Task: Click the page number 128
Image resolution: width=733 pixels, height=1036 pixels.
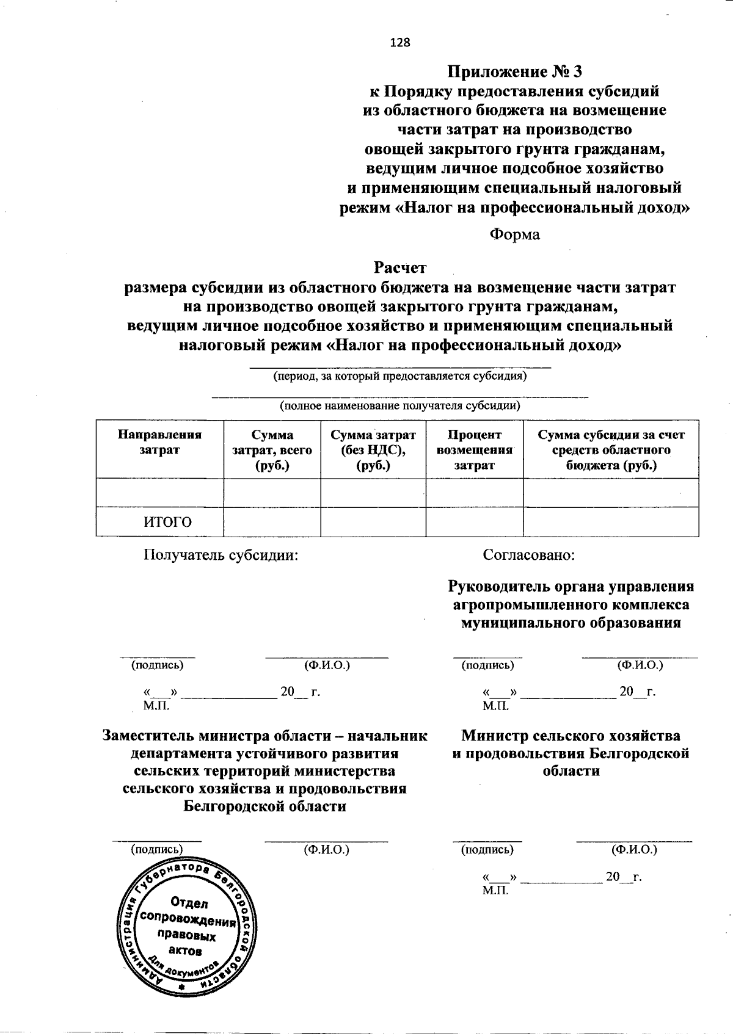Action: [x=400, y=42]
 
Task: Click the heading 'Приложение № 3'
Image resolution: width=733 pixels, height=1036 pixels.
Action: [x=515, y=72]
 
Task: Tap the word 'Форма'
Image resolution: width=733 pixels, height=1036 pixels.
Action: [x=514, y=234]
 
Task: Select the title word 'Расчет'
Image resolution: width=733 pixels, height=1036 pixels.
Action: [x=400, y=267]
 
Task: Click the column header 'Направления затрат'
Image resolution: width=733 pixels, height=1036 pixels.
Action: [x=159, y=442]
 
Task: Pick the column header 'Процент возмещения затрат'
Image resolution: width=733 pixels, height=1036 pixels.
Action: [x=474, y=450]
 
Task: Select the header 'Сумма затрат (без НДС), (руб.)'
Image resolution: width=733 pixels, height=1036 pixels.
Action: [x=373, y=450]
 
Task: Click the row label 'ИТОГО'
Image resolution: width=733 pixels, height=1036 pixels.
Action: [x=167, y=522]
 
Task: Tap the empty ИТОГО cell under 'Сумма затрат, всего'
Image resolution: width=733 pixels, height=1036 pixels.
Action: [x=272, y=522]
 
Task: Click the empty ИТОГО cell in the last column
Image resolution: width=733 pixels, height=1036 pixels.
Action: [x=611, y=522]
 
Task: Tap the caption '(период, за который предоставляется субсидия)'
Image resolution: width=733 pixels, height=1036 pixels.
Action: [x=399, y=376]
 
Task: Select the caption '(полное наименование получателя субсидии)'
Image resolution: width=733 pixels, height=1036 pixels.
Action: [x=399, y=405]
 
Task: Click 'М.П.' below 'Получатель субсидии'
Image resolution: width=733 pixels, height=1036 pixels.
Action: [x=156, y=706]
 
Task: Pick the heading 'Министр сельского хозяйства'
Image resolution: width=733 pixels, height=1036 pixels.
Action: [x=571, y=736]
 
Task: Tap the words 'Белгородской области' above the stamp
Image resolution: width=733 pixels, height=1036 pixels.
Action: [x=264, y=806]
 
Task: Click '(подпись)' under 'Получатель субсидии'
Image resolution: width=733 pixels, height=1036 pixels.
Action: [x=158, y=665]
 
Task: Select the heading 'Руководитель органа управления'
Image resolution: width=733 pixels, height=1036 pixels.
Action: [x=571, y=587]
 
